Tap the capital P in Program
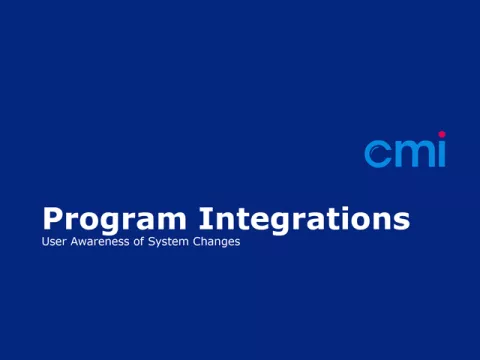coord(52,218)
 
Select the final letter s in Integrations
coord(402,220)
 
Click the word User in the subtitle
coord(52,242)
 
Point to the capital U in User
coord(45,242)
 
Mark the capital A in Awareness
coord(70,242)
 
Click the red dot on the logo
coord(441,134)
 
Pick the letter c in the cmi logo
coord(377,154)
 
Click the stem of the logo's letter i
coord(441,155)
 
